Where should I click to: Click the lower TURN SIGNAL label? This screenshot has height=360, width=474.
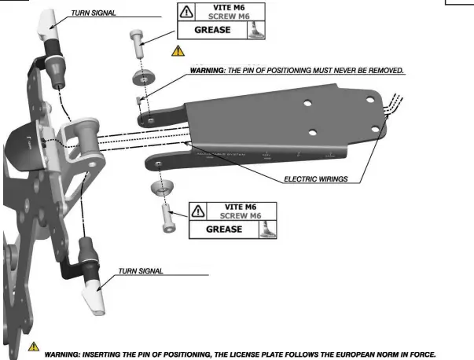[x=141, y=271]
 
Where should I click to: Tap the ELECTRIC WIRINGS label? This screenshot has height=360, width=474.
[x=315, y=179]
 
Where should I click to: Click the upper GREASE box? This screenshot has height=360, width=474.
[x=210, y=31]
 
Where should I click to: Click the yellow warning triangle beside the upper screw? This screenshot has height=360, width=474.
[x=178, y=51]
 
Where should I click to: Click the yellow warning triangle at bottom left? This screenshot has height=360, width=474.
[x=33, y=347]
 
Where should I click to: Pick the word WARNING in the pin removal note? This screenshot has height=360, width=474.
[x=209, y=71]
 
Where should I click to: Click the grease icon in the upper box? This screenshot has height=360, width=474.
[x=255, y=30]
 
